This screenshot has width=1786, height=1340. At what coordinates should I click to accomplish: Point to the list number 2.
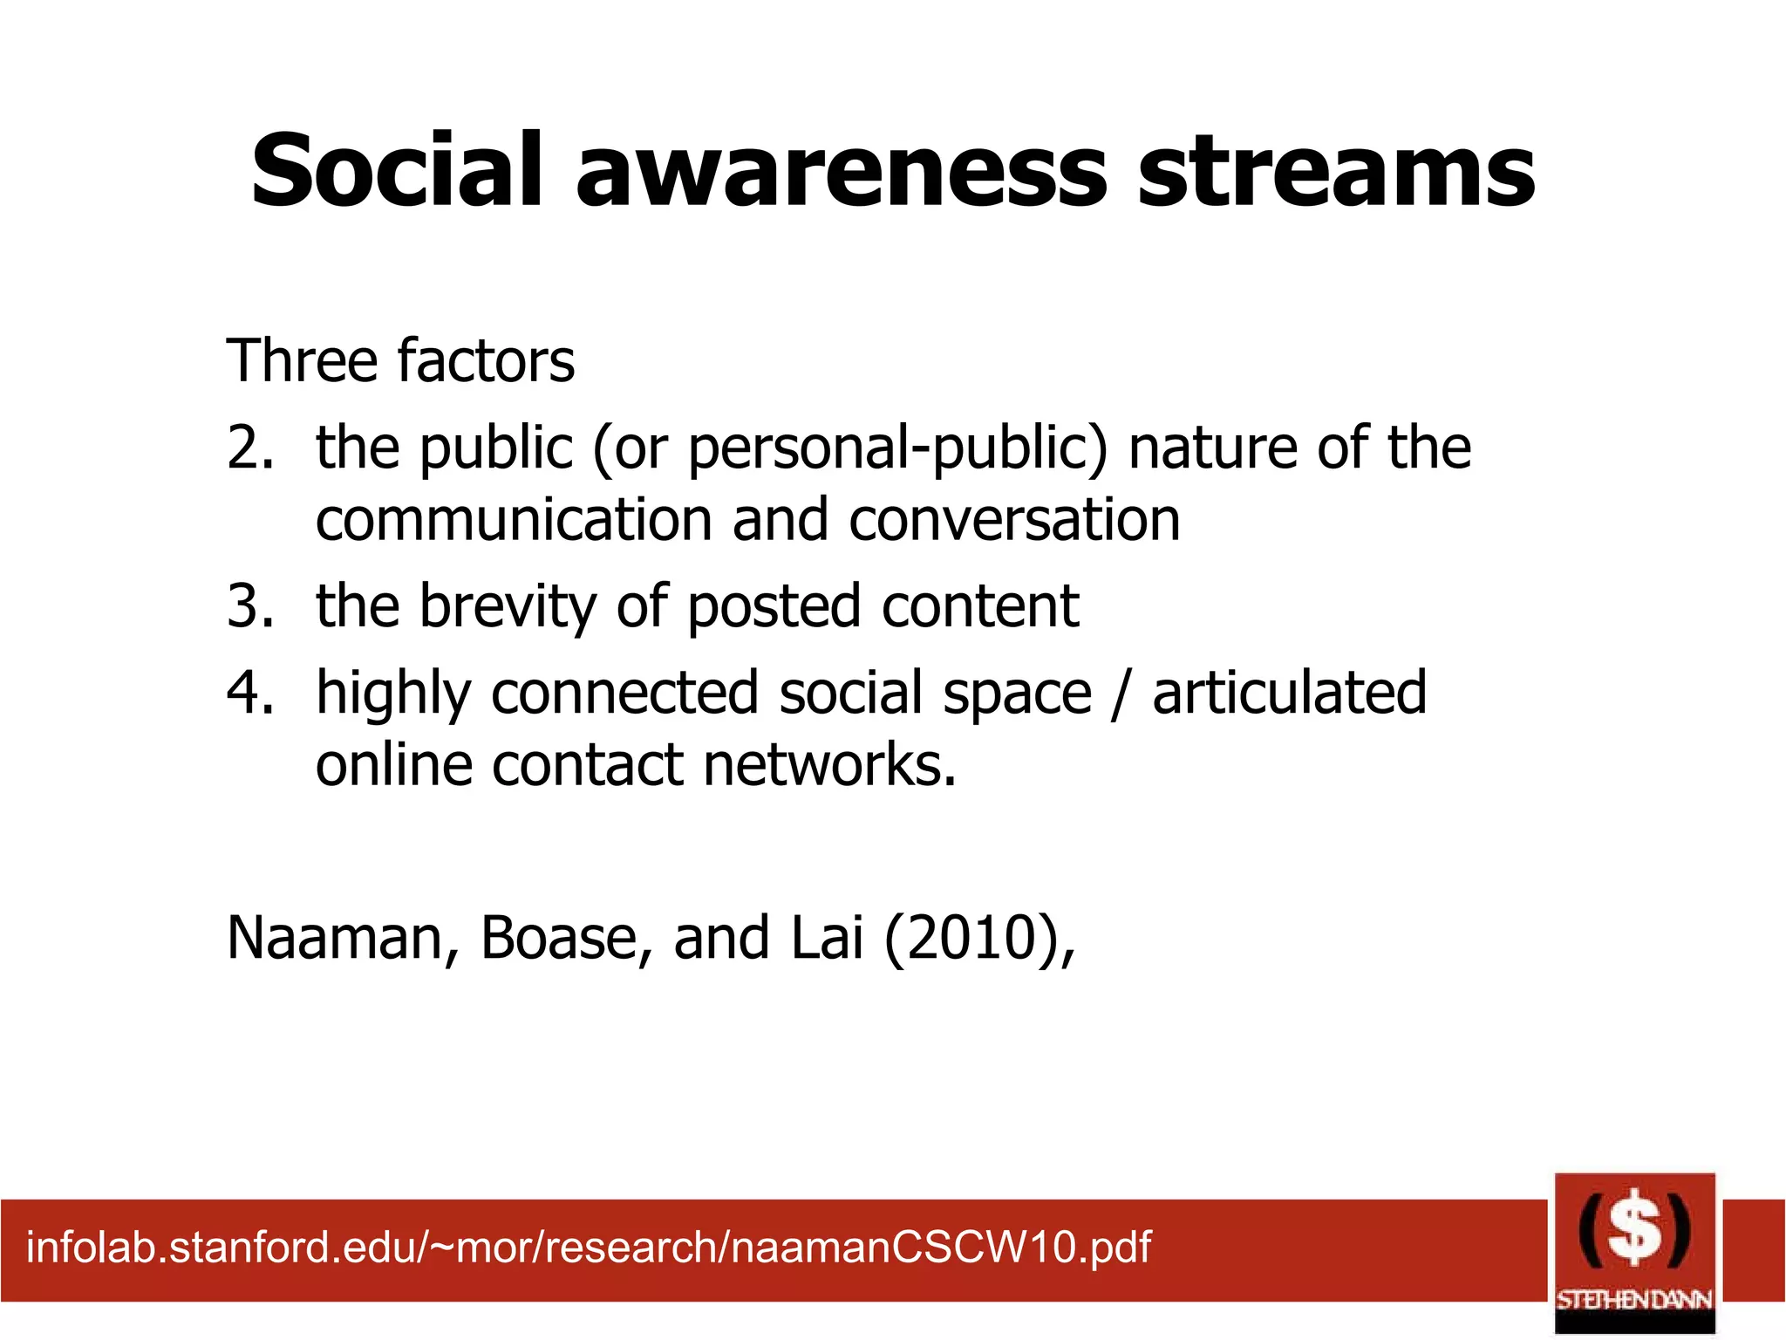(x=249, y=447)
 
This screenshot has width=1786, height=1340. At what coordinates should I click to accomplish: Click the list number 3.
(x=249, y=605)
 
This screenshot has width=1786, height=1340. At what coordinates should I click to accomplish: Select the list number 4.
(x=249, y=693)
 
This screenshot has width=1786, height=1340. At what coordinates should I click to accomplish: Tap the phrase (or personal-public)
(x=849, y=448)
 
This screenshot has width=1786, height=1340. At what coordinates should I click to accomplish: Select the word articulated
(x=1289, y=693)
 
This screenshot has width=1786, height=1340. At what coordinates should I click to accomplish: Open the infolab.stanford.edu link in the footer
(x=589, y=1247)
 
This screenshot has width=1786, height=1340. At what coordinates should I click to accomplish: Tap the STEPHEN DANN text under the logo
(x=1634, y=1299)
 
